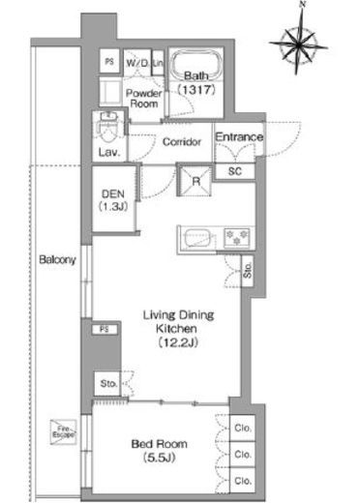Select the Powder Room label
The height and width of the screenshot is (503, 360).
tap(144, 98)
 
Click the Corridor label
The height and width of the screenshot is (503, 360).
tap(181, 142)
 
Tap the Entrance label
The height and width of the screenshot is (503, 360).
tap(238, 137)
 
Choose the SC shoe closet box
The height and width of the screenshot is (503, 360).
tap(234, 171)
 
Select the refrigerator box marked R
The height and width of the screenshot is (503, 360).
tap(196, 179)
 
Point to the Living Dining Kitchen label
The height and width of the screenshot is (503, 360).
tap(178, 330)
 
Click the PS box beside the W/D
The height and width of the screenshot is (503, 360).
tap(108, 61)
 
